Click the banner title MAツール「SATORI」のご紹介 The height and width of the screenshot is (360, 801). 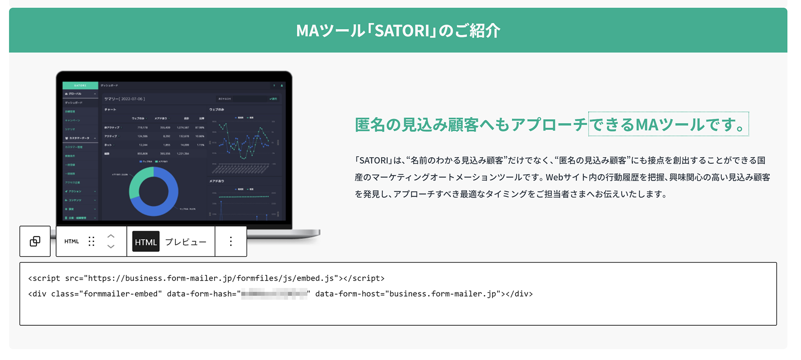398,31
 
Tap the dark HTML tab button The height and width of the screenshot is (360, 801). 146,242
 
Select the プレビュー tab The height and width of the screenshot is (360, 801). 186,242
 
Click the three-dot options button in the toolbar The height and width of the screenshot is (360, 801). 231,241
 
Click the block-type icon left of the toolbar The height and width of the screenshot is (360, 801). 35,241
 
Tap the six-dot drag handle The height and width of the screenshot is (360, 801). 91,241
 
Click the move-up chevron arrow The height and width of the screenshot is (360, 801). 111,236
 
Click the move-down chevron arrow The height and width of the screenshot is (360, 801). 111,247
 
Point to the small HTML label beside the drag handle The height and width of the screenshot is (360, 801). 72,241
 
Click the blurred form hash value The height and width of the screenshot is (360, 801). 274,294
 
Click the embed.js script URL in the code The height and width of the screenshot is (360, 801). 210,278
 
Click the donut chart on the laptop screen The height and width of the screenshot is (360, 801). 154,191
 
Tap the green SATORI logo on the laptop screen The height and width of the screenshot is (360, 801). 80,85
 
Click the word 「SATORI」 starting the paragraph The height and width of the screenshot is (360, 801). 373,160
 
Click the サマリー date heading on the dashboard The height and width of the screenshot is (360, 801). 125,99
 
